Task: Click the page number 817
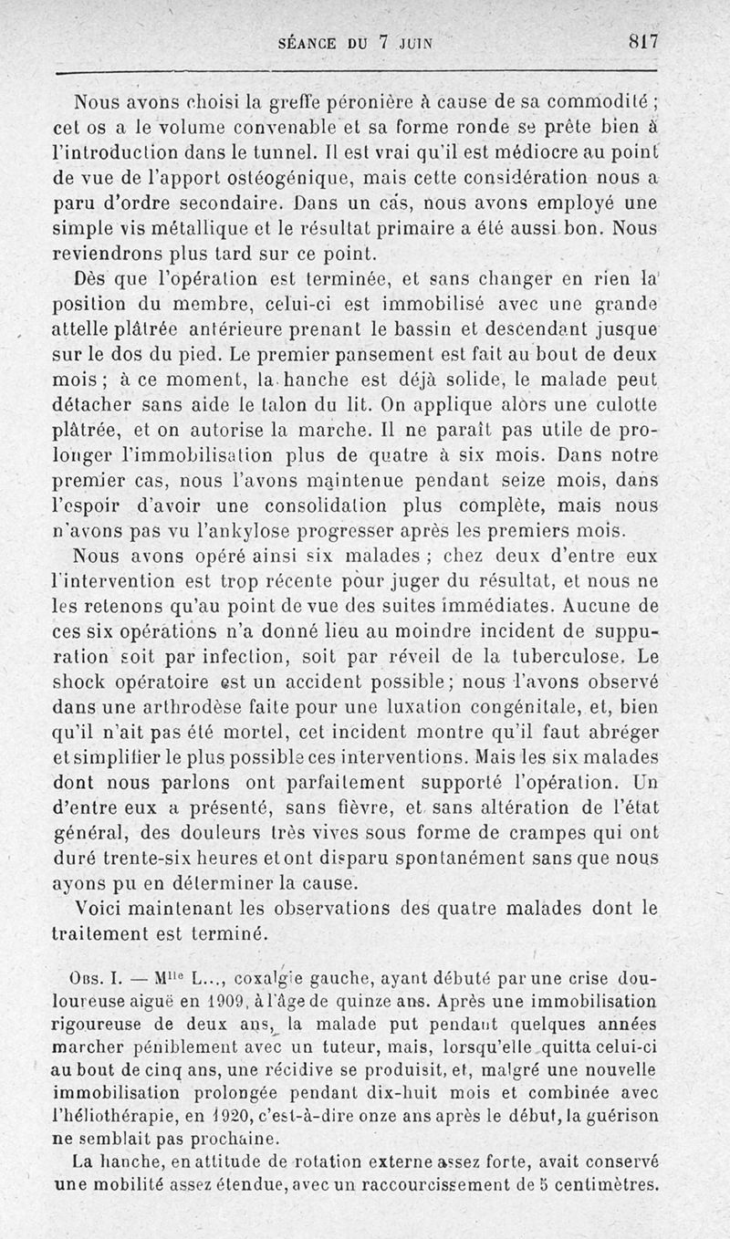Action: (x=643, y=42)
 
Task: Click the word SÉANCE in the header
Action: (x=306, y=43)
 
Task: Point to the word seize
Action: (x=519, y=479)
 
